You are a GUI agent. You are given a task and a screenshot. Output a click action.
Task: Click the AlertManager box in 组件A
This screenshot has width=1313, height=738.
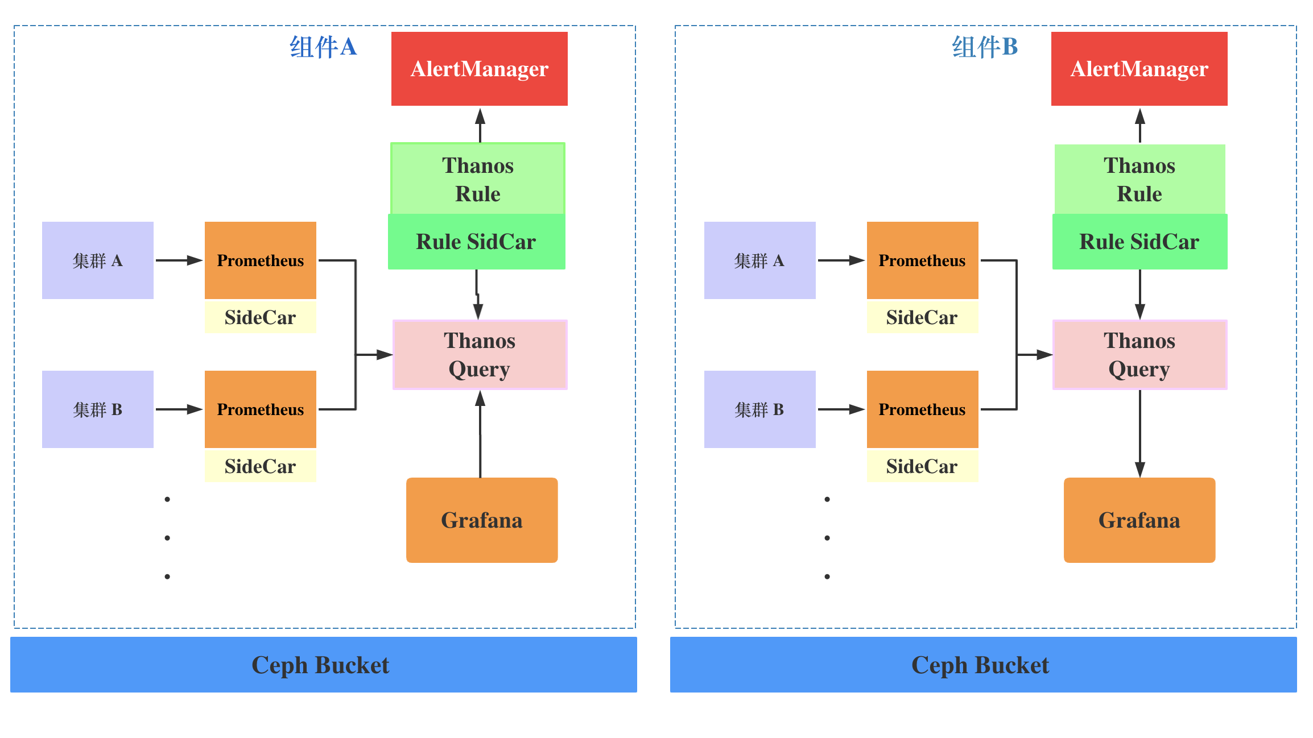(x=479, y=69)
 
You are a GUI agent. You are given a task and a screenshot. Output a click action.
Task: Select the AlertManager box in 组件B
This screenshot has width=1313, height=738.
(x=1139, y=69)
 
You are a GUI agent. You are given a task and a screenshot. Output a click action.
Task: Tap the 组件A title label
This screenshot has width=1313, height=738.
(x=323, y=47)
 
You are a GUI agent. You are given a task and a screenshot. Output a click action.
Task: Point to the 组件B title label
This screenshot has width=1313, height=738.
(x=985, y=47)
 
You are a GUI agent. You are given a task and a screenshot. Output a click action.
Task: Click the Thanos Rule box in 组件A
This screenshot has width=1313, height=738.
(x=478, y=179)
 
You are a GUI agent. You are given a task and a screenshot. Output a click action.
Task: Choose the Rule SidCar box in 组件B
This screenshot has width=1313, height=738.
(x=1139, y=242)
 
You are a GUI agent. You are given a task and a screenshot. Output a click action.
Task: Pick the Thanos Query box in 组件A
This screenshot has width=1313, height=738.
(x=480, y=355)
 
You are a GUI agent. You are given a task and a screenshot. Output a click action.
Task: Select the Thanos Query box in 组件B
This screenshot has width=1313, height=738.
(x=1139, y=355)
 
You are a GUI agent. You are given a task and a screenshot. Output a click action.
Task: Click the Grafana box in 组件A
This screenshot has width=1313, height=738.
(x=482, y=520)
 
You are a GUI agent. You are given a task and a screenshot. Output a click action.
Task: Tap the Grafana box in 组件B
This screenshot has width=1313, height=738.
(x=1139, y=520)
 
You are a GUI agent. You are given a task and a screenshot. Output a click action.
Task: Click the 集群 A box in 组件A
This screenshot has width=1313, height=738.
(x=98, y=260)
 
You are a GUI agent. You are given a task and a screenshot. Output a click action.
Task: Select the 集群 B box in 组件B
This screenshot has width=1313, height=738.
(x=759, y=409)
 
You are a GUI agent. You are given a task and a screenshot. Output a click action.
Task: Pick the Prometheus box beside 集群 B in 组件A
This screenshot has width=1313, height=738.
(x=260, y=409)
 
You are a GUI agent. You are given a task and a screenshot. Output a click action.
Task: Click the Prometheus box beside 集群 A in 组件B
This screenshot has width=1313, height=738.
(x=922, y=260)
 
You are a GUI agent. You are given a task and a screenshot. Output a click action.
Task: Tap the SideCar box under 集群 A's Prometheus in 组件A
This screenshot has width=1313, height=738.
(x=260, y=317)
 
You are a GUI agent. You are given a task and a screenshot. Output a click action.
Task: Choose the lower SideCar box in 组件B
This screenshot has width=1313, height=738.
(x=922, y=466)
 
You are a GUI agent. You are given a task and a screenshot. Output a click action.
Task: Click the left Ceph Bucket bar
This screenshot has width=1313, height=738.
(x=323, y=665)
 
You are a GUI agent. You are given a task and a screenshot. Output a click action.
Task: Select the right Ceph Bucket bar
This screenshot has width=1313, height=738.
(x=983, y=665)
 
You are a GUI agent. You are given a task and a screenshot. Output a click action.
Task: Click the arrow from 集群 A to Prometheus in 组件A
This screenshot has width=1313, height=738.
(x=179, y=260)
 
